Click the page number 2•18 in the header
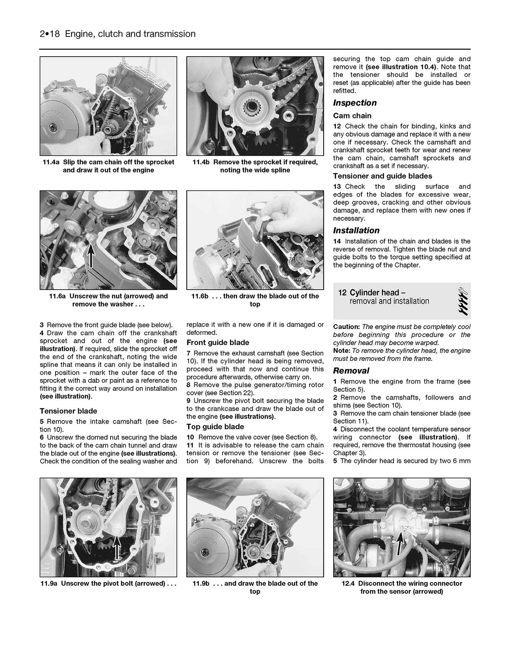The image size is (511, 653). click(50, 34)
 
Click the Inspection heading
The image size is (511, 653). click(355, 103)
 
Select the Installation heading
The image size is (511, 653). click(356, 231)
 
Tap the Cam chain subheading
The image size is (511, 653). click(352, 116)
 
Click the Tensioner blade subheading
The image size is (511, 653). click(68, 411)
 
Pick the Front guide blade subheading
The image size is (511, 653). click(218, 343)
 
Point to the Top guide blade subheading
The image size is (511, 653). click(215, 427)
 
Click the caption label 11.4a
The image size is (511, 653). click(51, 162)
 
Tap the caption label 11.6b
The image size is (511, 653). click(200, 296)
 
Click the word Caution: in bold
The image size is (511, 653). click(346, 327)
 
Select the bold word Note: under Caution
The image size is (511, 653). click(342, 351)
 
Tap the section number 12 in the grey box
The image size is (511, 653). click(342, 293)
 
